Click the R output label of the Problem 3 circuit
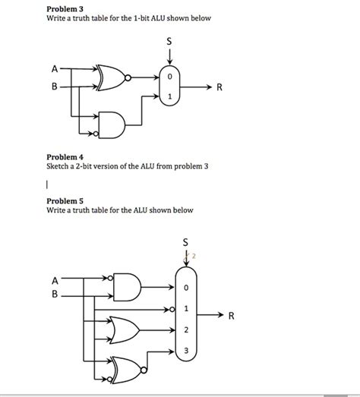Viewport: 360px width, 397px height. pyautogui.click(x=219, y=87)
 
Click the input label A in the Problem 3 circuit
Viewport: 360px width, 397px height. pyautogui.click(x=54, y=69)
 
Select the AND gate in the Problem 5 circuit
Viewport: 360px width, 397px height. pyautogui.click(x=126, y=286)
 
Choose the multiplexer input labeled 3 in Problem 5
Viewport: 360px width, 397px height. pyautogui.click(x=185, y=351)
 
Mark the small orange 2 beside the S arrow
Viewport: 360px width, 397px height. pyautogui.click(x=194, y=256)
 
